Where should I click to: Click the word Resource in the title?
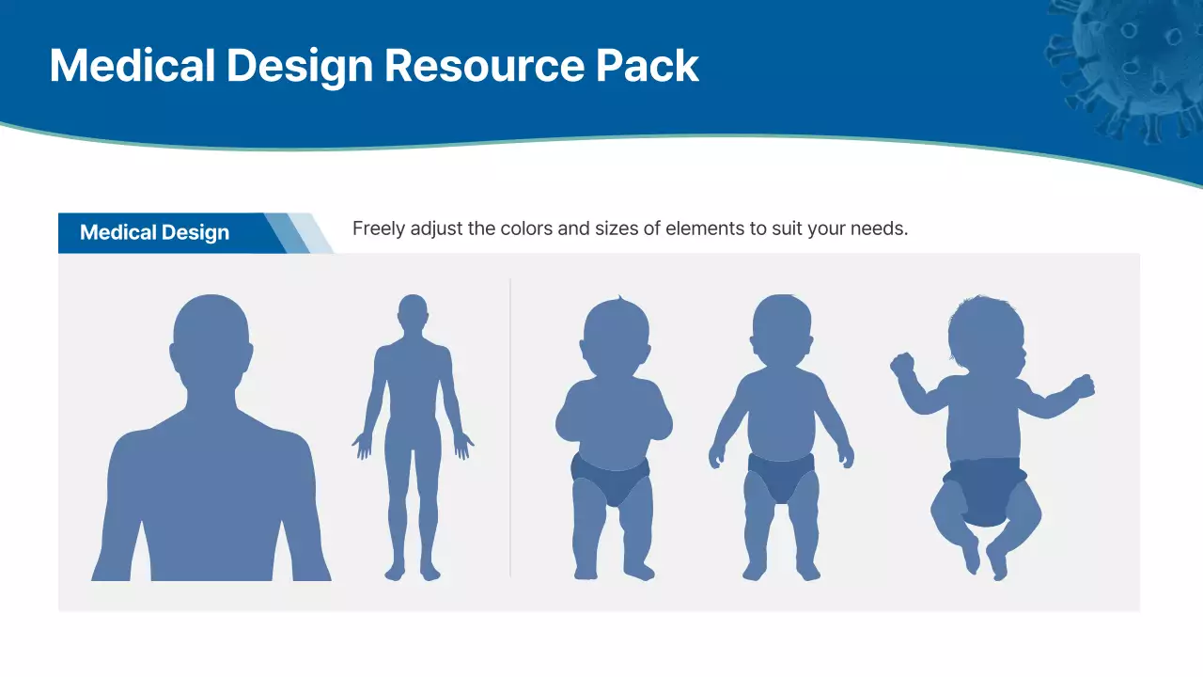point(484,66)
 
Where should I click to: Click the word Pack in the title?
point(648,66)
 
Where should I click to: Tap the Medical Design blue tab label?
point(155,233)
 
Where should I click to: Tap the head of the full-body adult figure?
point(413,313)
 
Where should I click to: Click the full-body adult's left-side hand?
point(363,444)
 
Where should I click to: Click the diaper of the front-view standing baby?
point(782,475)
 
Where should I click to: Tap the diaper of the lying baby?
point(984,489)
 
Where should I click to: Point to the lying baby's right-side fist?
point(1083,386)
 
